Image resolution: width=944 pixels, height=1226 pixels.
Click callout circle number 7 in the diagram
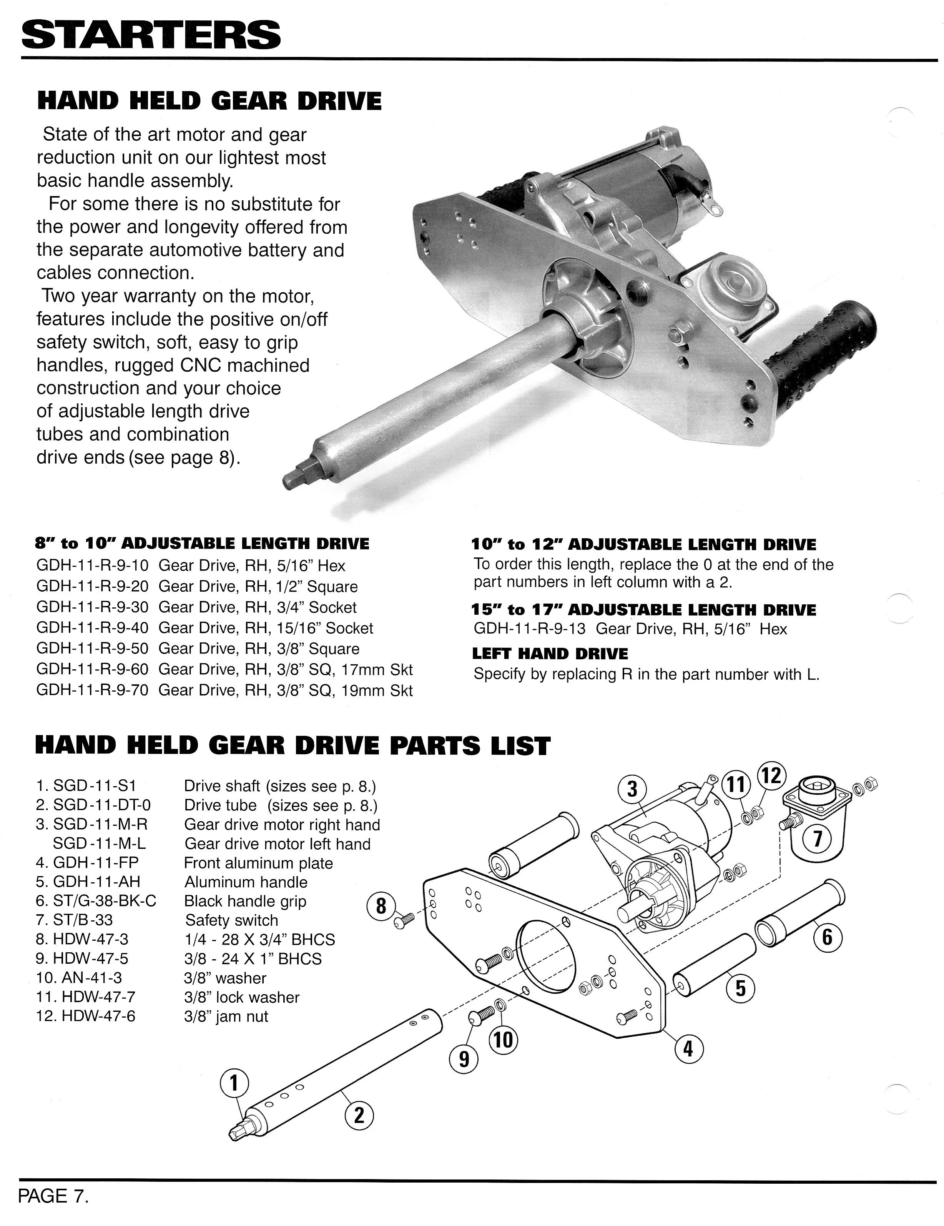pos(817,838)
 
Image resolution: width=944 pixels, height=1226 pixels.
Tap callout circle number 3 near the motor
pos(633,789)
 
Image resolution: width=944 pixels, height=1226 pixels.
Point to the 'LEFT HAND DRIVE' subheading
pos(550,654)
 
